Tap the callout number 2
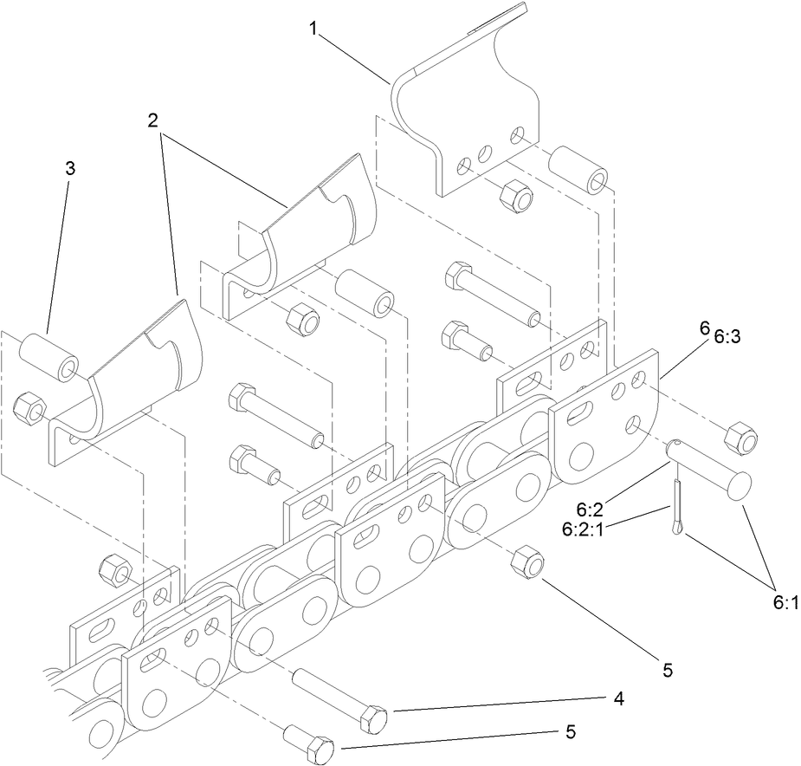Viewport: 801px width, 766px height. click(152, 120)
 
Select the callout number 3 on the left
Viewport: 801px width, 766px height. click(70, 168)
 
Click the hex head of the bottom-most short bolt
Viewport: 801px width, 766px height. click(320, 748)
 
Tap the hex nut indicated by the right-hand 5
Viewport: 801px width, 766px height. click(527, 565)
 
